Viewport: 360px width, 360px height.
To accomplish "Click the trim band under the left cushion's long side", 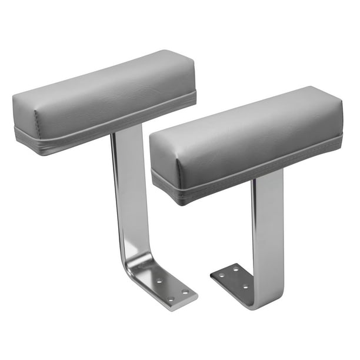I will (118, 126).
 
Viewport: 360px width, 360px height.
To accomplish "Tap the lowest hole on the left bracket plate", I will (171, 299).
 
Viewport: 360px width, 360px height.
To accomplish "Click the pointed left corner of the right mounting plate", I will (212, 275).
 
